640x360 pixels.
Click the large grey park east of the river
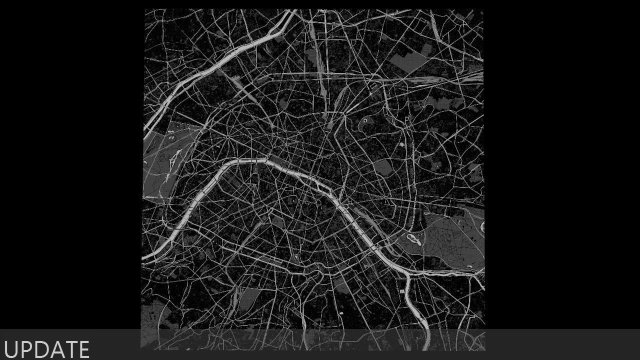tap(450, 235)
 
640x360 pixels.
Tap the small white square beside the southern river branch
tap(401, 291)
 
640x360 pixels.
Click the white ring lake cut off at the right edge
tap(482, 226)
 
